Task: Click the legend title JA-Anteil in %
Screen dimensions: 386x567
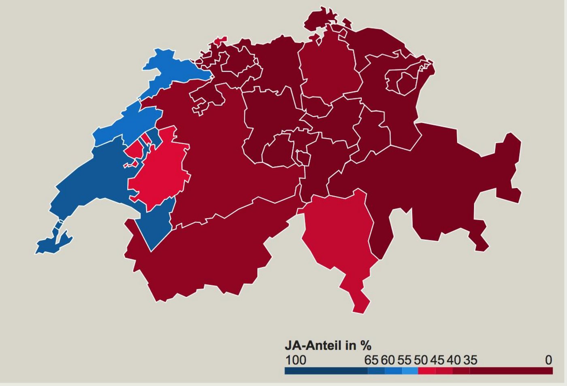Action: pyautogui.click(x=328, y=346)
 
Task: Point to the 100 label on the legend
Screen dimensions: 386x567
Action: pyautogui.click(x=296, y=360)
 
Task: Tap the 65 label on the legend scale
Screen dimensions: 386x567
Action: pyautogui.click(x=371, y=360)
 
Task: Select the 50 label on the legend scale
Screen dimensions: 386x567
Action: pyautogui.click(x=421, y=360)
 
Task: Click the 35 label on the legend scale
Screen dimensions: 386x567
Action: pyautogui.click(x=470, y=360)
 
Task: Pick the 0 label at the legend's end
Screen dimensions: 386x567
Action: pyautogui.click(x=548, y=360)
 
